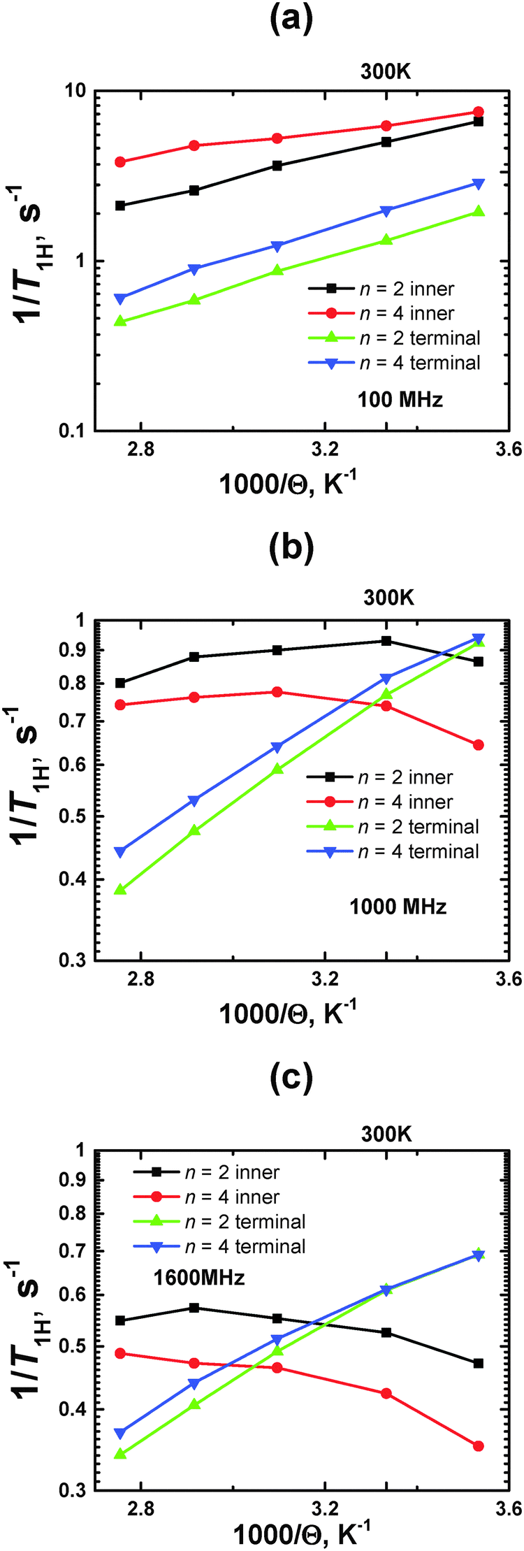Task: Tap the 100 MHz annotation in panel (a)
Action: (400, 400)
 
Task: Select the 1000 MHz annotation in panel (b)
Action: (398, 907)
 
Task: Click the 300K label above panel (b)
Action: (388, 598)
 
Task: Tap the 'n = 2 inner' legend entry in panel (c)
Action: (231, 1172)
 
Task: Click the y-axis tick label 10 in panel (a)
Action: (74, 92)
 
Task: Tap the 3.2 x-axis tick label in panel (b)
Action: (325, 978)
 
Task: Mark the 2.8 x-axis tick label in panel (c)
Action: (141, 1507)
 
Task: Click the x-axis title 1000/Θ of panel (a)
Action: (289, 484)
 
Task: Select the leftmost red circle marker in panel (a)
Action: (120, 162)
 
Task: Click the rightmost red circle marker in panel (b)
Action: (479, 745)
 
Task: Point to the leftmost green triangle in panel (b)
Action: (120, 890)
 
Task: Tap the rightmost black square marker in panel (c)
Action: (479, 1363)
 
